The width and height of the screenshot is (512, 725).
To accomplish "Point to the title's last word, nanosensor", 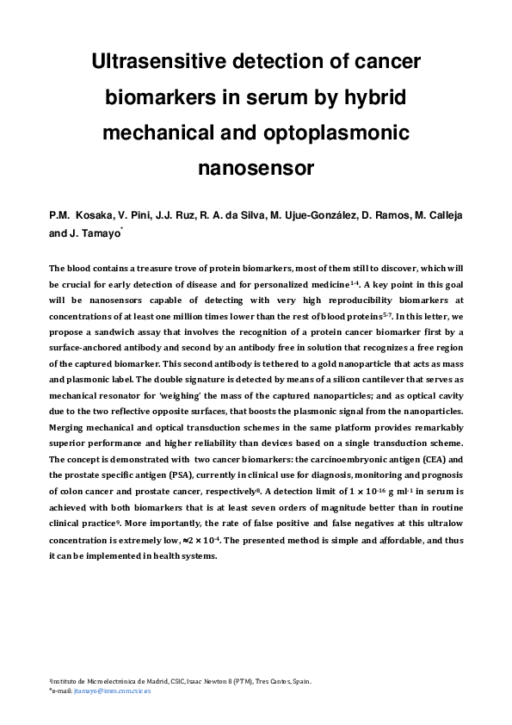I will [x=256, y=168].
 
